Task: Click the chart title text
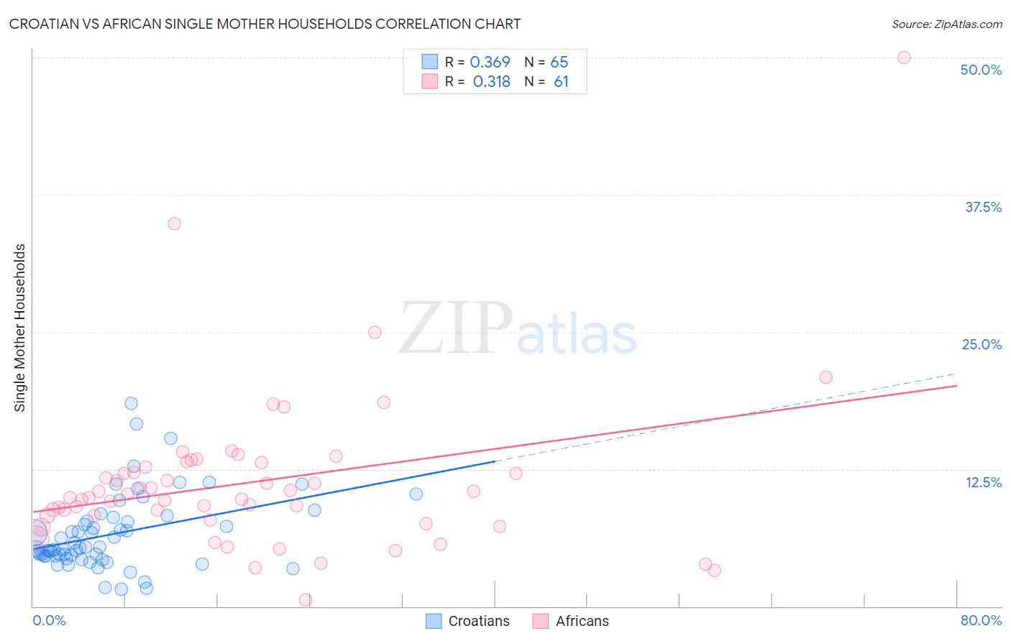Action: point(265,24)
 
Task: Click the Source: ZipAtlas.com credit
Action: point(946,24)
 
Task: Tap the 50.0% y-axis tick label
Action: point(981,70)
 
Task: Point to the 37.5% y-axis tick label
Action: point(983,207)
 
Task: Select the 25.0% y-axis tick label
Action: point(982,344)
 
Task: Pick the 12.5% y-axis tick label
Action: point(983,482)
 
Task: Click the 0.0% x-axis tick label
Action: point(49,620)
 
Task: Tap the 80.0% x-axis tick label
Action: point(981,620)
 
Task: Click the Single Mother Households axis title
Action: point(20,328)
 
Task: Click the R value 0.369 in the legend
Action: point(490,62)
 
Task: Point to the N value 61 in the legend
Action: point(561,81)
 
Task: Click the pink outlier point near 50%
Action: point(904,57)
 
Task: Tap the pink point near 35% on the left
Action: point(174,223)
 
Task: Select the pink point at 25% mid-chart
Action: point(375,332)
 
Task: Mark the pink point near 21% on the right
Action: point(826,377)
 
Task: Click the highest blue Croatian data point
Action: point(131,403)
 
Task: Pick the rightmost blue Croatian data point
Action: point(416,494)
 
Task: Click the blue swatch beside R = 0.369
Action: point(429,62)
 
